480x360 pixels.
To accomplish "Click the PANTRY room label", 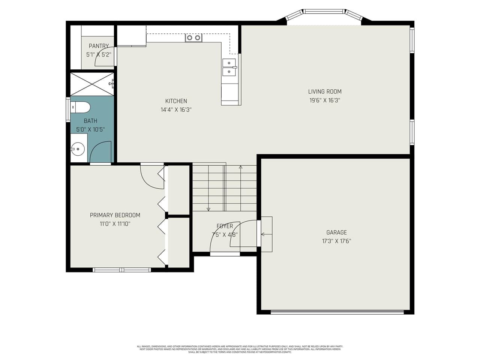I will [x=99, y=46].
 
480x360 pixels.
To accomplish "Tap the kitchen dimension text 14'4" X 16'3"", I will [x=176, y=110].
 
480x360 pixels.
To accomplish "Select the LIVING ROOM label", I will [x=325, y=91].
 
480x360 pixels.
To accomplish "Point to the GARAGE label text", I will [x=336, y=232].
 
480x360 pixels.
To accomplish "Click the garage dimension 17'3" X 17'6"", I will [x=336, y=241].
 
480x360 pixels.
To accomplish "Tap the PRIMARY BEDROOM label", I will [x=115, y=215].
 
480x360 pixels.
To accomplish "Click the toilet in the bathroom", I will [x=81, y=107].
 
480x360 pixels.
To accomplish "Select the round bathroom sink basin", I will [x=78, y=149].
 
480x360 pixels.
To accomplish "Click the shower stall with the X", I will [x=92, y=84].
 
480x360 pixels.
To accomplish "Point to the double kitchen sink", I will [x=229, y=67].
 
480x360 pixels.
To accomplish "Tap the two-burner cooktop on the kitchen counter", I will [x=193, y=37].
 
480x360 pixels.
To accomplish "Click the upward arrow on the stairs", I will [x=241, y=167].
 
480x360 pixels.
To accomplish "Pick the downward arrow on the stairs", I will [x=208, y=209].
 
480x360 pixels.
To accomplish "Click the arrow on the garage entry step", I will [x=263, y=234].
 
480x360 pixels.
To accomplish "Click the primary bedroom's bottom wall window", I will [x=121, y=270].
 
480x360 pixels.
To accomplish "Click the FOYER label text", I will [x=225, y=226].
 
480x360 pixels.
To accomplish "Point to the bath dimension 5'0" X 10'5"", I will [x=90, y=130].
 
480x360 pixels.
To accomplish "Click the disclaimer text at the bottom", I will [x=240, y=349].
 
